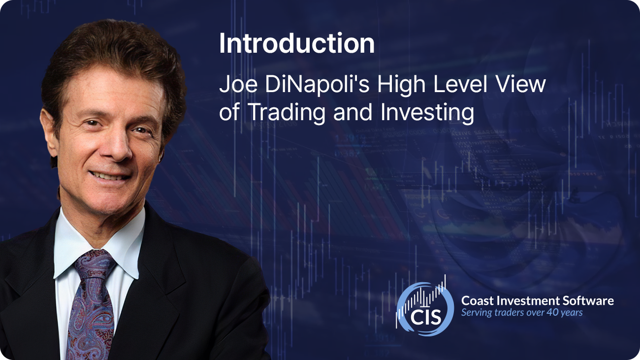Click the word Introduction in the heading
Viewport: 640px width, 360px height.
296,43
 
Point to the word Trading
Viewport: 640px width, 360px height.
287,113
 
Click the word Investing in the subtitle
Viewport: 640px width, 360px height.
427,113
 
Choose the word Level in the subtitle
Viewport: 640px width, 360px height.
460,85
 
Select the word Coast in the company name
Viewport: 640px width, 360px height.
477,301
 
